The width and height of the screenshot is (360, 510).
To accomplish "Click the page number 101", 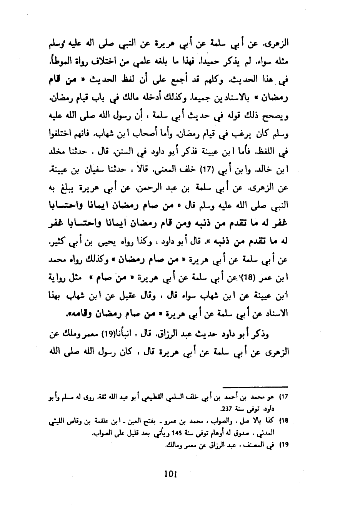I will pos(170,474).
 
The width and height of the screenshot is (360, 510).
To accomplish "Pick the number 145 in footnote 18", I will pos(177,433).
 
